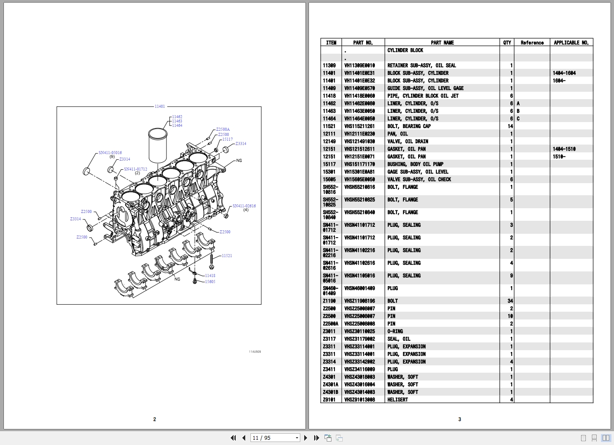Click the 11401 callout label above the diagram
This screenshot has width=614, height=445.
pos(159,106)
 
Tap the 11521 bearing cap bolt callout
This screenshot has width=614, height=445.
pos(227,256)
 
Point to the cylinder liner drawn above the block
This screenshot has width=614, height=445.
pos(158,145)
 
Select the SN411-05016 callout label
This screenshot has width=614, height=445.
pos(110,153)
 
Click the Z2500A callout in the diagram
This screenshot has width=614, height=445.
pos(223,129)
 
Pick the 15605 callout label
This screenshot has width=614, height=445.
pos(210,282)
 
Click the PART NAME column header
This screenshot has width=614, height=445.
pos(442,42)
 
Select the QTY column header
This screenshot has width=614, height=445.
pos(507,42)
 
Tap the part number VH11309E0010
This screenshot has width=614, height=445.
pos(359,65)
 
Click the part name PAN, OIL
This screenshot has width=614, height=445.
pos(397,134)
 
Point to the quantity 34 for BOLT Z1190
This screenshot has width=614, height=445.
pos(510,301)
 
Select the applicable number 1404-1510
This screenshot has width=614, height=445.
pos(564,149)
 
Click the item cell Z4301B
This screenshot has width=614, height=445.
pos(330,392)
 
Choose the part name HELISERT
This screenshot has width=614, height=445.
pos(397,400)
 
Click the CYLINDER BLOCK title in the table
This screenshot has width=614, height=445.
pos(405,50)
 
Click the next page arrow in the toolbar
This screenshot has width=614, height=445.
pos(305,438)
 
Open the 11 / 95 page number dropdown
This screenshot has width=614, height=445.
pos(297,438)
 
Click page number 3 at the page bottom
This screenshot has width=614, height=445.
pos(460,419)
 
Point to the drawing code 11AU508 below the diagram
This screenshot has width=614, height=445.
pos(255,352)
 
